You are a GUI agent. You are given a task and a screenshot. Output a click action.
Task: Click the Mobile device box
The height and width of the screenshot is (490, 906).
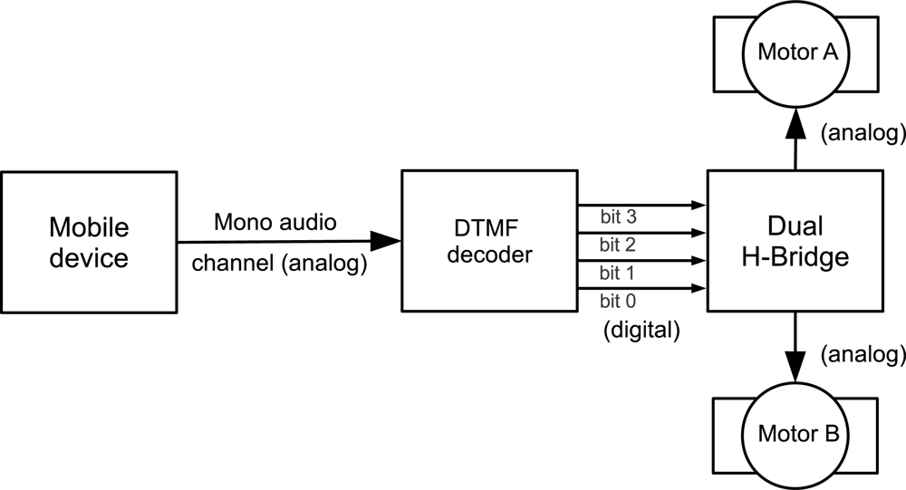89,243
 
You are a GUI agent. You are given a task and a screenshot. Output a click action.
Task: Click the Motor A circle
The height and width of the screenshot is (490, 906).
797,53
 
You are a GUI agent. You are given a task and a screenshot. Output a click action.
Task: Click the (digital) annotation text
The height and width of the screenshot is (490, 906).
641,331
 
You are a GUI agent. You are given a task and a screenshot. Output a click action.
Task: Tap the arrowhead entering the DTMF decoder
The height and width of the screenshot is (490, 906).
386,242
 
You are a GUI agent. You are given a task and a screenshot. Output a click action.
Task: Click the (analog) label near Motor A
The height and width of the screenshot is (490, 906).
862,134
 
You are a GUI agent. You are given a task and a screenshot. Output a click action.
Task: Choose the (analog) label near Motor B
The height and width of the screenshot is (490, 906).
862,353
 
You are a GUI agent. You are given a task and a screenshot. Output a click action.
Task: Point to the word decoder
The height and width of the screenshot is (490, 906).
488,256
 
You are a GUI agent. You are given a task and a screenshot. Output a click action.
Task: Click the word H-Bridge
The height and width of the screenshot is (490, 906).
794,257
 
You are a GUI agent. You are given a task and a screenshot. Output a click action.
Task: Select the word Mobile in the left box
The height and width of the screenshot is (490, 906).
89,226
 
